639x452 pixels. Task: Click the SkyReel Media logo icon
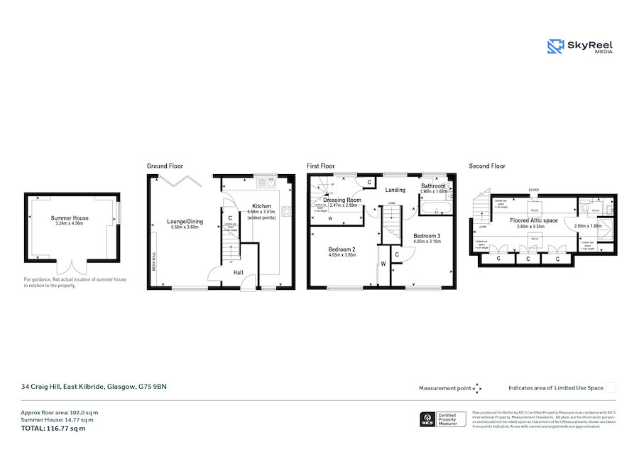click(x=555, y=46)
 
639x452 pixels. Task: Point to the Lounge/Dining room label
click(x=185, y=222)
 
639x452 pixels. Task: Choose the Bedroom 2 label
click(x=342, y=249)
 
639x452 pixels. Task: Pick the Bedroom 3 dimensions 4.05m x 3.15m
click(x=427, y=242)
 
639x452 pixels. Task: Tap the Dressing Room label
click(x=343, y=200)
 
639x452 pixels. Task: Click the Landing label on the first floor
click(x=395, y=190)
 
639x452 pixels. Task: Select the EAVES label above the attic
click(x=535, y=190)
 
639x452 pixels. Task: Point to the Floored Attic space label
click(x=534, y=221)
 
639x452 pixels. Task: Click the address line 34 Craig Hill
click(x=93, y=387)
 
